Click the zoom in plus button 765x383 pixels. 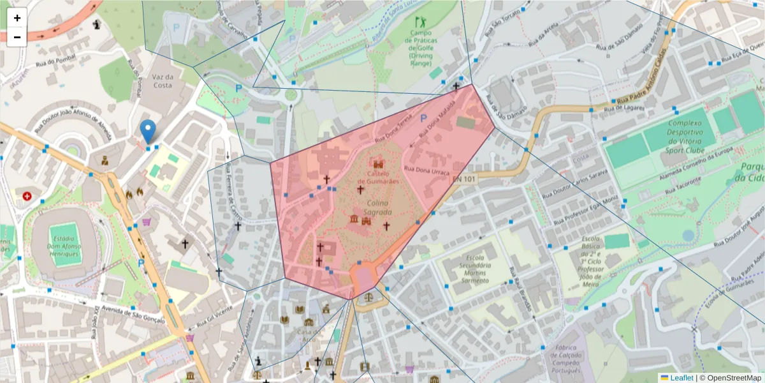pyautogui.click(x=17, y=18)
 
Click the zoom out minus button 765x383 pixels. pyautogui.click(x=17, y=37)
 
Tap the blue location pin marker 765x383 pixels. pyautogui.click(x=148, y=131)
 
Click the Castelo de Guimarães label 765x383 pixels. pyautogui.click(x=382, y=178)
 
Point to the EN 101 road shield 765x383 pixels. pyautogui.click(x=465, y=179)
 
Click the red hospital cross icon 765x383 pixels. pyautogui.click(x=27, y=196)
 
